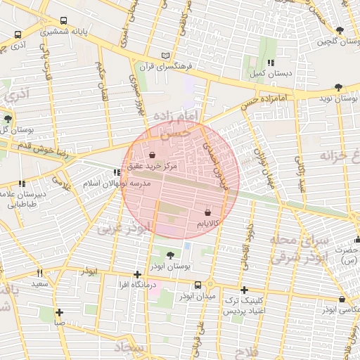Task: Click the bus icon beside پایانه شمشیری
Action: pyautogui.click(x=64, y=21)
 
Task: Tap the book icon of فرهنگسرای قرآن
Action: pyautogui.click(x=166, y=56)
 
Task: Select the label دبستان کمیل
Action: pyautogui.click(x=266, y=73)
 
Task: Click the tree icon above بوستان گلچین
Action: pyautogui.click(x=340, y=30)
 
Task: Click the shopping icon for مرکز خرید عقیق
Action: pyautogui.click(x=153, y=155)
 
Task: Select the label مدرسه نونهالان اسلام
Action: pyautogui.click(x=117, y=183)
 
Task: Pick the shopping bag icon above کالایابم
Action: pyautogui.click(x=207, y=212)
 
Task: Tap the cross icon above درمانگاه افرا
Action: pyautogui.click(x=136, y=274)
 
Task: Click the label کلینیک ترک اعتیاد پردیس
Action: pyautogui.click(x=243, y=305)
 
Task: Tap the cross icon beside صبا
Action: pyautogui.click(x=60, y=312)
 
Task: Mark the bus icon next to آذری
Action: pyautogui.click(x=18, y=34)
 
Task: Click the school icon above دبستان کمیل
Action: pyautogui.click(x=271, y=63)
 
